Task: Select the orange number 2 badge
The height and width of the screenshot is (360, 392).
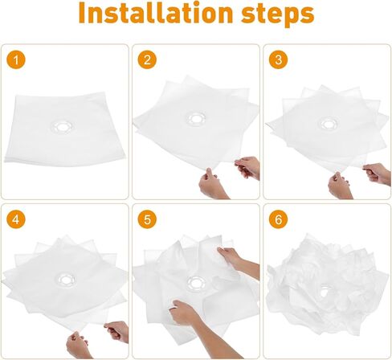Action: coord(145,59)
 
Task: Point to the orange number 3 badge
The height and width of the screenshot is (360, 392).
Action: coord(277,59)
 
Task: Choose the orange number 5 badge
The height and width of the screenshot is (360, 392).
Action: coord(145,219)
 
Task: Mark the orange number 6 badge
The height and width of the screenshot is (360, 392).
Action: coord(277,219)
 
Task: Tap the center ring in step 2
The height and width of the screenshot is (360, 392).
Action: coord(195,119)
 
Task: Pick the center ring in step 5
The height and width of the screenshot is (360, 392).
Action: coord(194,283)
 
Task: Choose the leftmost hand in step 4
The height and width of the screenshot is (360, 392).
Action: coord(80,343)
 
